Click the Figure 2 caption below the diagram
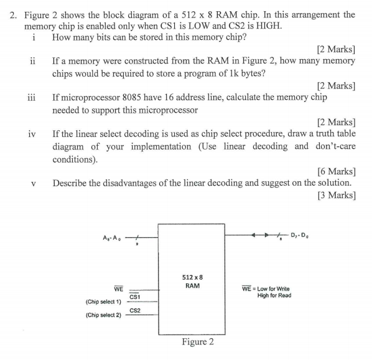(197, 342)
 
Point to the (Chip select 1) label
(103, 301)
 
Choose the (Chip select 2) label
(103, 315)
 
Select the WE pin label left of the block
(118, 288)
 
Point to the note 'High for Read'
(274, 295)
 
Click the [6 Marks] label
(336, 171)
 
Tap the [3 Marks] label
(336, 195)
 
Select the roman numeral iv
(32, 134)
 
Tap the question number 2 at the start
(13, 14)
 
